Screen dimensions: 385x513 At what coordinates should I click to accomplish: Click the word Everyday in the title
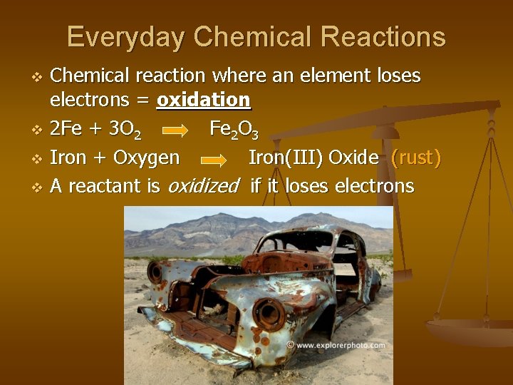125,36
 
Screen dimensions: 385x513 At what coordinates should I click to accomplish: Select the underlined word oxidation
203,100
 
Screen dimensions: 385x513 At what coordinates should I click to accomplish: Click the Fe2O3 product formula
234,130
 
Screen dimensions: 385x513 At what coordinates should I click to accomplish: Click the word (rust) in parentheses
415,158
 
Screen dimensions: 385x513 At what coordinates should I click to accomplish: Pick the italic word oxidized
202,186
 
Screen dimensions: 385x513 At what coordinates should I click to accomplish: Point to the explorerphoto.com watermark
336,345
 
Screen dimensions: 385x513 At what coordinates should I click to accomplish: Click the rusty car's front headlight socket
269,313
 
